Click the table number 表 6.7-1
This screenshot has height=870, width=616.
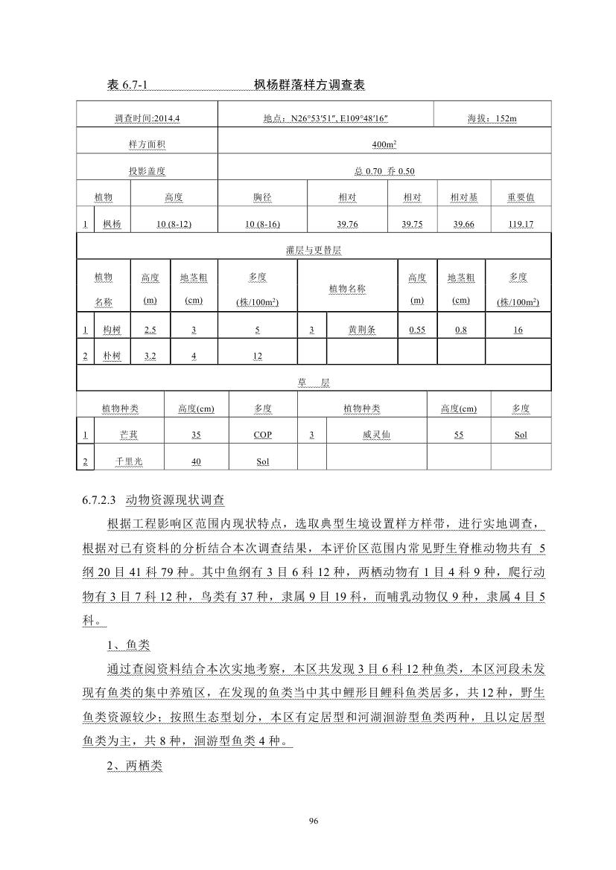pyautogui.click(x=127, y=86)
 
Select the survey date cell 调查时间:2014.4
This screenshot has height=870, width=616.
pyautogui.click(x=147, y=118)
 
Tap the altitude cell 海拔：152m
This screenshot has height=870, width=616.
pyautogui.click(x=492, y=118)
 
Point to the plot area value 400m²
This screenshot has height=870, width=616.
pyautogui.click(x=384, y=145)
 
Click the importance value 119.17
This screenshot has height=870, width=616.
pyautogui.click(x=518, y=224)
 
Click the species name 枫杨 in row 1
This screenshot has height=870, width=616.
pyautogui.click(x=112, y=224)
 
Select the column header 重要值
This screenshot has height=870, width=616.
pyautogui.click(x=520, y=198)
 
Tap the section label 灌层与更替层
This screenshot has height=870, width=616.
pyautogui.click(x=313, y=252)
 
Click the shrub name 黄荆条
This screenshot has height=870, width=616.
pyautogui.click(x=362, y=330)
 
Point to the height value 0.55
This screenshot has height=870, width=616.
pyautogui.click(x=417, y=330)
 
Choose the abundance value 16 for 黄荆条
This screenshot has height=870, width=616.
pyautogui.click(x=518, y=330)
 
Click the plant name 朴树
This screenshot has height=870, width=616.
pyautogui.click(x=112, y=356)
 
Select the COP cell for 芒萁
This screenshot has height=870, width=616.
pyautogui.click(x=262, y=435)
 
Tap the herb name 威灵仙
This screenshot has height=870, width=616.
pyautogui.click(x=375, y=435)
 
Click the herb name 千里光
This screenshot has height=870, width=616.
pyautogui.click(x=128, y=461)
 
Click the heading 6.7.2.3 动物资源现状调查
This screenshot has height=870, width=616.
pyautogui.click(x=159, y=499)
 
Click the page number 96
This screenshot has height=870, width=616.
pyautogui.click(x=313, y=821)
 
